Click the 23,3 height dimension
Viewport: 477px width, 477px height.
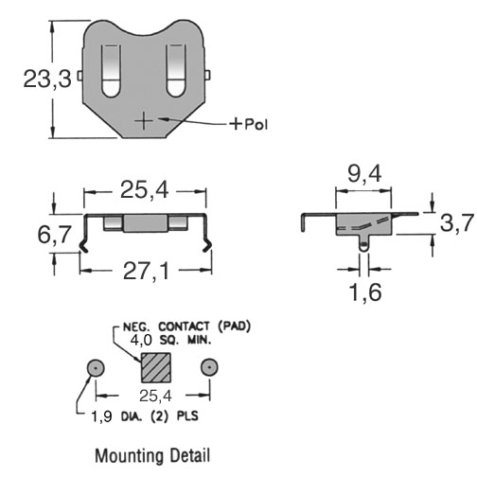tap(47, 79)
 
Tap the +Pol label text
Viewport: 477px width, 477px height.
tap(249, 124)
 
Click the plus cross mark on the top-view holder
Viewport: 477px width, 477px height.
tap(144, 121)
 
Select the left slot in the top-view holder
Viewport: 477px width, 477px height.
tap(111, 71)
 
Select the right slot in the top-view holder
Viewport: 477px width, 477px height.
tap(176, 71)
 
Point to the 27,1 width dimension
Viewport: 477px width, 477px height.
tap(146, 271)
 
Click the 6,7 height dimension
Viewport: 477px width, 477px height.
tap(54, 235)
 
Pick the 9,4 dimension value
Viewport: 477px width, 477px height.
tap(364, 173)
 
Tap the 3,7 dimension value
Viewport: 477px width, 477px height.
tap(457, 222)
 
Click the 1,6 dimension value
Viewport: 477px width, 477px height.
tap(365, 291)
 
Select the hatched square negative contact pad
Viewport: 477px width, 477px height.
tap(156, 367)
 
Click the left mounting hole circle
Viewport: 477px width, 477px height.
tap(96, 368)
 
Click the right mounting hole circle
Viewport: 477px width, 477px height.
tap(209, 368)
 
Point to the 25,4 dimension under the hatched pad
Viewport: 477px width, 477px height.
tap(155, 396)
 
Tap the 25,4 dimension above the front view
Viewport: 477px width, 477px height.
tap(145, 190)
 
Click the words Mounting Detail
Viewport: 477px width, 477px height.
tap(152, 455)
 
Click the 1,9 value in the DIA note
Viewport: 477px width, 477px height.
tap(101, 416)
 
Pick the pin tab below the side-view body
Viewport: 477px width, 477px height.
tap(364, 242)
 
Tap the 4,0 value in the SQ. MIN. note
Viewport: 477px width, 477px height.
tap(141, 340)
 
